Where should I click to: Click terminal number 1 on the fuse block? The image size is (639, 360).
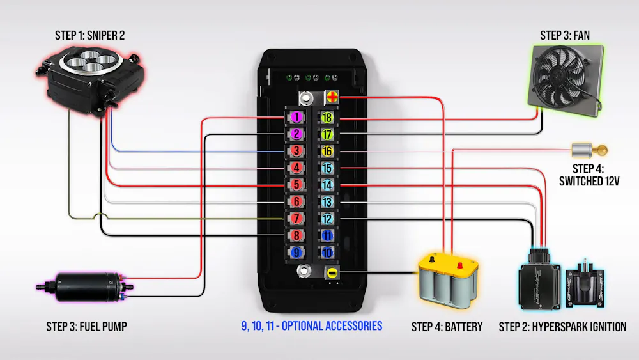(x=296, y=118)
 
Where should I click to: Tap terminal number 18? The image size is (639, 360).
(x=327, y=118)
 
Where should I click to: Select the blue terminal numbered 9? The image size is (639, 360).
(x=296, y=253)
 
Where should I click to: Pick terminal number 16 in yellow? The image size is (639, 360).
(x=327, y=152)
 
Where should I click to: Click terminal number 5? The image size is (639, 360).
(x=296, y=185)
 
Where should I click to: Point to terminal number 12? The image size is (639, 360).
(x=327, y=219)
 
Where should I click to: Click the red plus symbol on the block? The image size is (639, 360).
(x=332, y=97)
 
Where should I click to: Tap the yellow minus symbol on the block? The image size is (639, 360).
(x=332, y=273)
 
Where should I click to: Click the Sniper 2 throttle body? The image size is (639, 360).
(x=91, y=80)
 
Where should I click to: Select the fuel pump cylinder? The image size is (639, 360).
(x=85, y=286)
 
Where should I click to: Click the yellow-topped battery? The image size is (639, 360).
(x=449, y=280)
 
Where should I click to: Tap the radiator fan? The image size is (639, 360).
(x=566, y=81)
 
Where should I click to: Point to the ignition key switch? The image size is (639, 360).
(x=589, y=150)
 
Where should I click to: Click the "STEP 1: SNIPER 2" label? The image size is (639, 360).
(x=90, y=35)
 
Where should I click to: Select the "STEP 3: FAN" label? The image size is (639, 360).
(x=565, y=35)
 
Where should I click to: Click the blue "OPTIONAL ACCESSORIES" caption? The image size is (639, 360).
(x=332, y=325)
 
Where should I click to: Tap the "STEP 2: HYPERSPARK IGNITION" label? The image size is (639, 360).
(x=562, y=327)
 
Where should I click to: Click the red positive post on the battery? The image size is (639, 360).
(x=460, y=265)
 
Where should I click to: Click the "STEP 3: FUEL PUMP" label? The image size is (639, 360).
(x=86, y=327)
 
